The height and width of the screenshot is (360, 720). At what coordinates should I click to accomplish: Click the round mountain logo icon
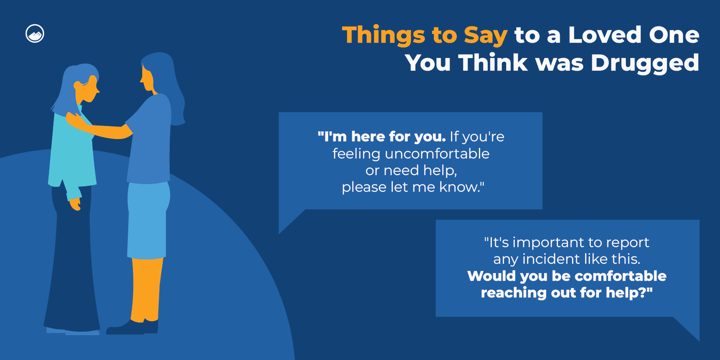click(x=35, y=33)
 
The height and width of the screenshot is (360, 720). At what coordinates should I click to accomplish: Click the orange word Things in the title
click(x=383, y=36)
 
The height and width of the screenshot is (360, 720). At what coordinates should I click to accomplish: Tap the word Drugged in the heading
click(x=645, y=63)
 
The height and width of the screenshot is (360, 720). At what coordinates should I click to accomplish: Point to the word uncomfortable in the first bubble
click(x=437, y=153)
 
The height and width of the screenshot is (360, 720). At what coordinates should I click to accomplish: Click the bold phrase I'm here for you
click(x=382, y=137)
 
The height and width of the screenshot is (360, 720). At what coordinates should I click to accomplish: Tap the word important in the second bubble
click(x=548, y=243)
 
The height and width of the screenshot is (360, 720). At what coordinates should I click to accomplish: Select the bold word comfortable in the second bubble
click(x=621, y=276)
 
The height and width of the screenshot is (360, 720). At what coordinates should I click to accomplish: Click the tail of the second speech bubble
click(x=687, y=328)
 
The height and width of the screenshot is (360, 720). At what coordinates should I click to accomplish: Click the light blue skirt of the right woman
click(x=148, y=220)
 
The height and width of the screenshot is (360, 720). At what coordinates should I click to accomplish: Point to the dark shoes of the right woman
click(x=132, y=327)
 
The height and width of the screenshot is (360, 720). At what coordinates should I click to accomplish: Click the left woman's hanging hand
click(x=75, y=204)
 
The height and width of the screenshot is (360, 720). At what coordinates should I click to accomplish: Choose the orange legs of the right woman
click(x=147, y=289)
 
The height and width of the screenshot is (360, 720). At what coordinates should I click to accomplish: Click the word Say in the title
click(x=486, y=36)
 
